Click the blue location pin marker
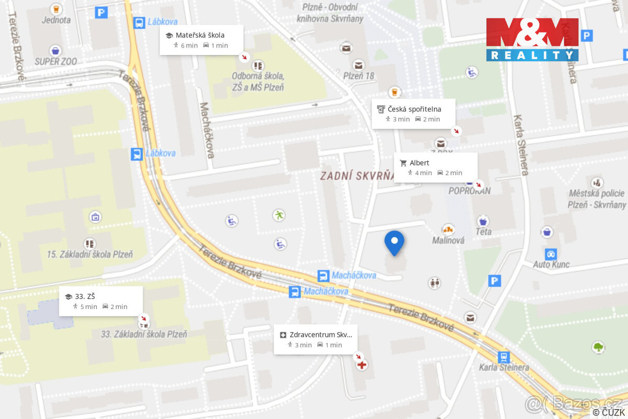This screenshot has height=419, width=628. [x=394, y=242]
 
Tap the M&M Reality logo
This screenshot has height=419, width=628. [x=532, y=39]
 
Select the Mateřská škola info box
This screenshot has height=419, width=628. [x=201, y=40]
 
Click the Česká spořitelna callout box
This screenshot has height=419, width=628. [x=413, y=114]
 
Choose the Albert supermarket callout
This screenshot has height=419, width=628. [x=435, y=168]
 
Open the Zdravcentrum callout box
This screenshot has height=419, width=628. [x=315, y=339]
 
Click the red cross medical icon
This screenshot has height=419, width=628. [x=361, y=365]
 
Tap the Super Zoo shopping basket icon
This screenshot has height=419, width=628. [x=55, y=51]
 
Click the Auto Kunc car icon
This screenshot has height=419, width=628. [x=551, y=254]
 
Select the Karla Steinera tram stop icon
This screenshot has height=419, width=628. [x=503, y=357]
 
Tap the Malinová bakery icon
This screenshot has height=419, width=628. [x=448, y=229]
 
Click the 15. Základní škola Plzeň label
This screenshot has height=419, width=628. [x=89, y=255]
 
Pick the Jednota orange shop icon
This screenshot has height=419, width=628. [x=55, y=9]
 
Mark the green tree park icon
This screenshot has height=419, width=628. [x=598, y=347]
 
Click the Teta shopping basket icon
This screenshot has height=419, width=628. [x=483, y=220]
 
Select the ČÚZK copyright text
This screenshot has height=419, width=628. [x=608, y=413]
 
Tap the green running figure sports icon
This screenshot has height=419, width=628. [x=279, y=215]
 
